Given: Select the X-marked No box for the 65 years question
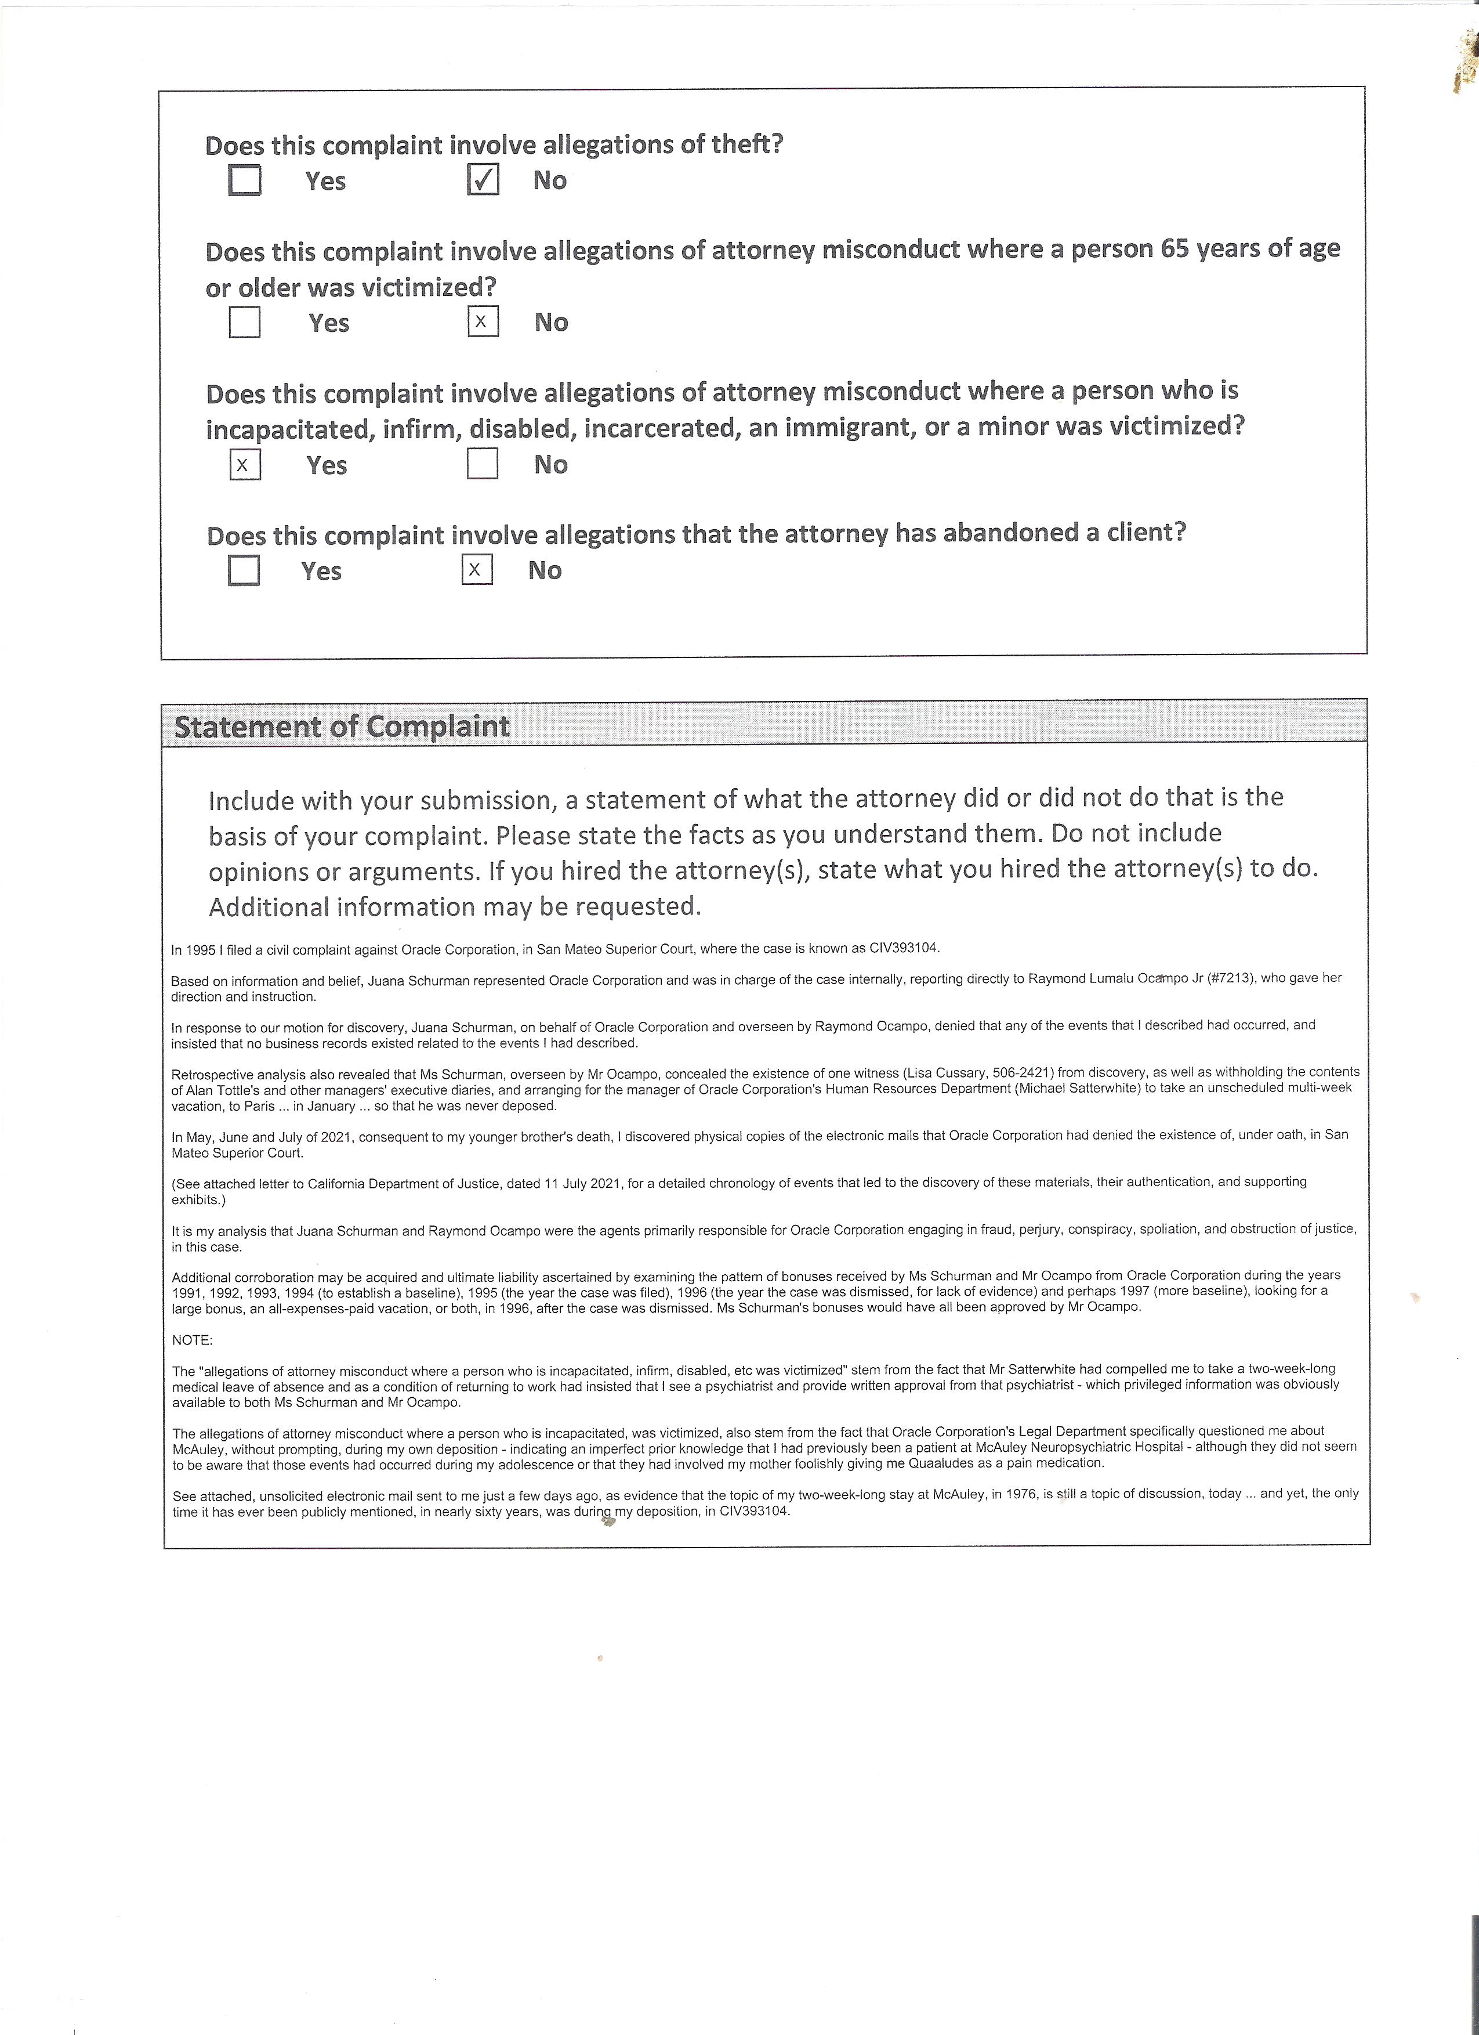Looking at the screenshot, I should click(483, 321).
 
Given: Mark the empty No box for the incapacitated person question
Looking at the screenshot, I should click(483, 464).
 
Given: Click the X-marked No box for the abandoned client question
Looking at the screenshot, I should click(477, 570).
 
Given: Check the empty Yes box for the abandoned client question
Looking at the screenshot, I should click(244, 570).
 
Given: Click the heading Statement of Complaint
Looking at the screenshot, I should click(342, 726).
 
